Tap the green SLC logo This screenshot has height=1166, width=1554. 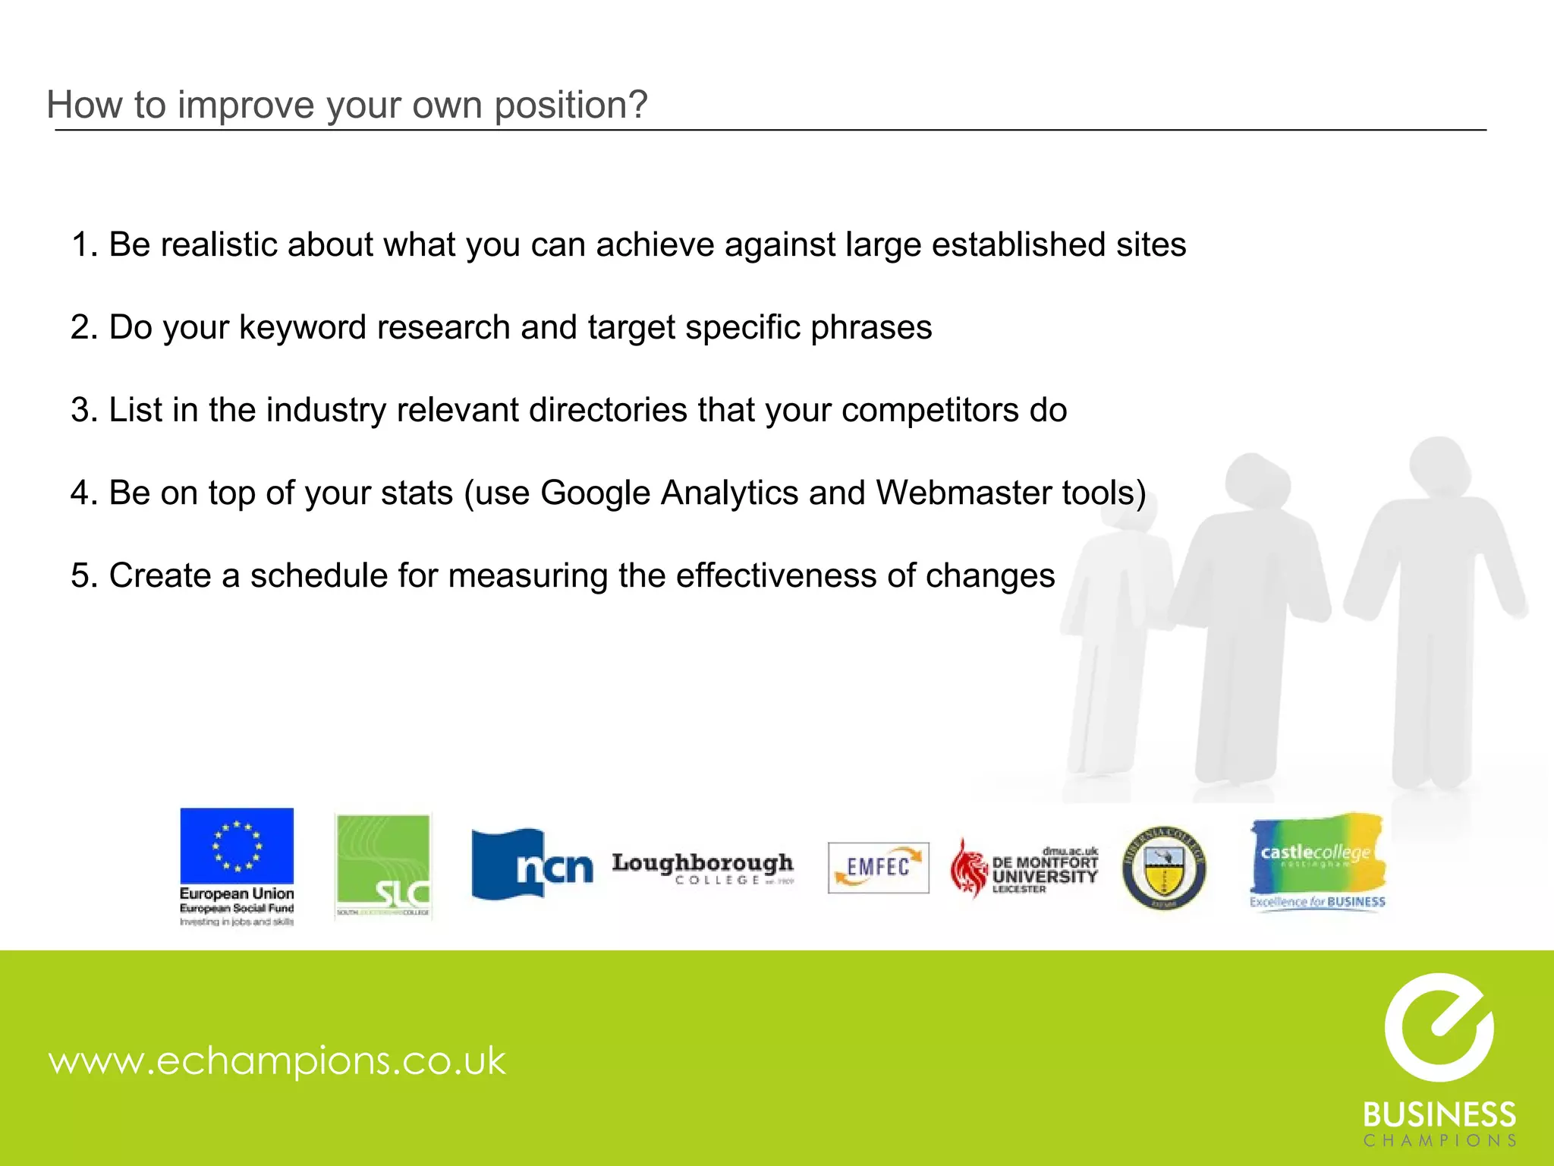tap(383, 866)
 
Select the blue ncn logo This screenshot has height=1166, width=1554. tap(532, 865)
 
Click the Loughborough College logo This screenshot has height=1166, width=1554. tap(703, 868)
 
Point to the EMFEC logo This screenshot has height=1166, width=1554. tap(878, 868)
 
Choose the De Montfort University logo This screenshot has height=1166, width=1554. tap(1024, 868)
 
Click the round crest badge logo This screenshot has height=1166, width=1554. tap(1163, 868)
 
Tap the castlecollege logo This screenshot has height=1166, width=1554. tap(1317, 862)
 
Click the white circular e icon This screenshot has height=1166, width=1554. tap(1439, 1027)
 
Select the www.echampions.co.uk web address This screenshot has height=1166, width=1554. tap(277, 1060)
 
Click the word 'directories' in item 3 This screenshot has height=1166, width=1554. tap(608, 411)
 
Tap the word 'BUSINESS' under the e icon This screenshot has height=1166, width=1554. tap(1439, 1115)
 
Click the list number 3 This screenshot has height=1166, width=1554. tap(80, 411)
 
